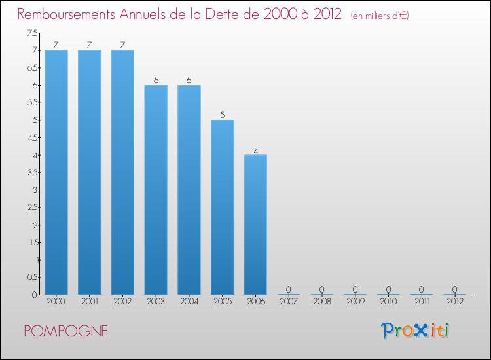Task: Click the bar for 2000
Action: (56, 172)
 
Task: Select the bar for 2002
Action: (122, 172)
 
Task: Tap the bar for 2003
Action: (156, 190)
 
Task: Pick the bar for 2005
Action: (223, 207)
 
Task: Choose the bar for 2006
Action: (255, 225)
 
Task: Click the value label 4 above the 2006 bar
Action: (256, 151)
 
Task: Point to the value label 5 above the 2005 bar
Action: (223, 115)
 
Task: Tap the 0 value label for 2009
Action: (355, 289)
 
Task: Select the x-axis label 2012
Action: (454, 302)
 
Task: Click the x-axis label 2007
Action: (289, 302)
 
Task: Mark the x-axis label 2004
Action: (189, 302)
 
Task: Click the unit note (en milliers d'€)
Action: (380, 16)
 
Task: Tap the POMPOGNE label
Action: (66, 331)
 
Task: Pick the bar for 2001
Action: (90, 172)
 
